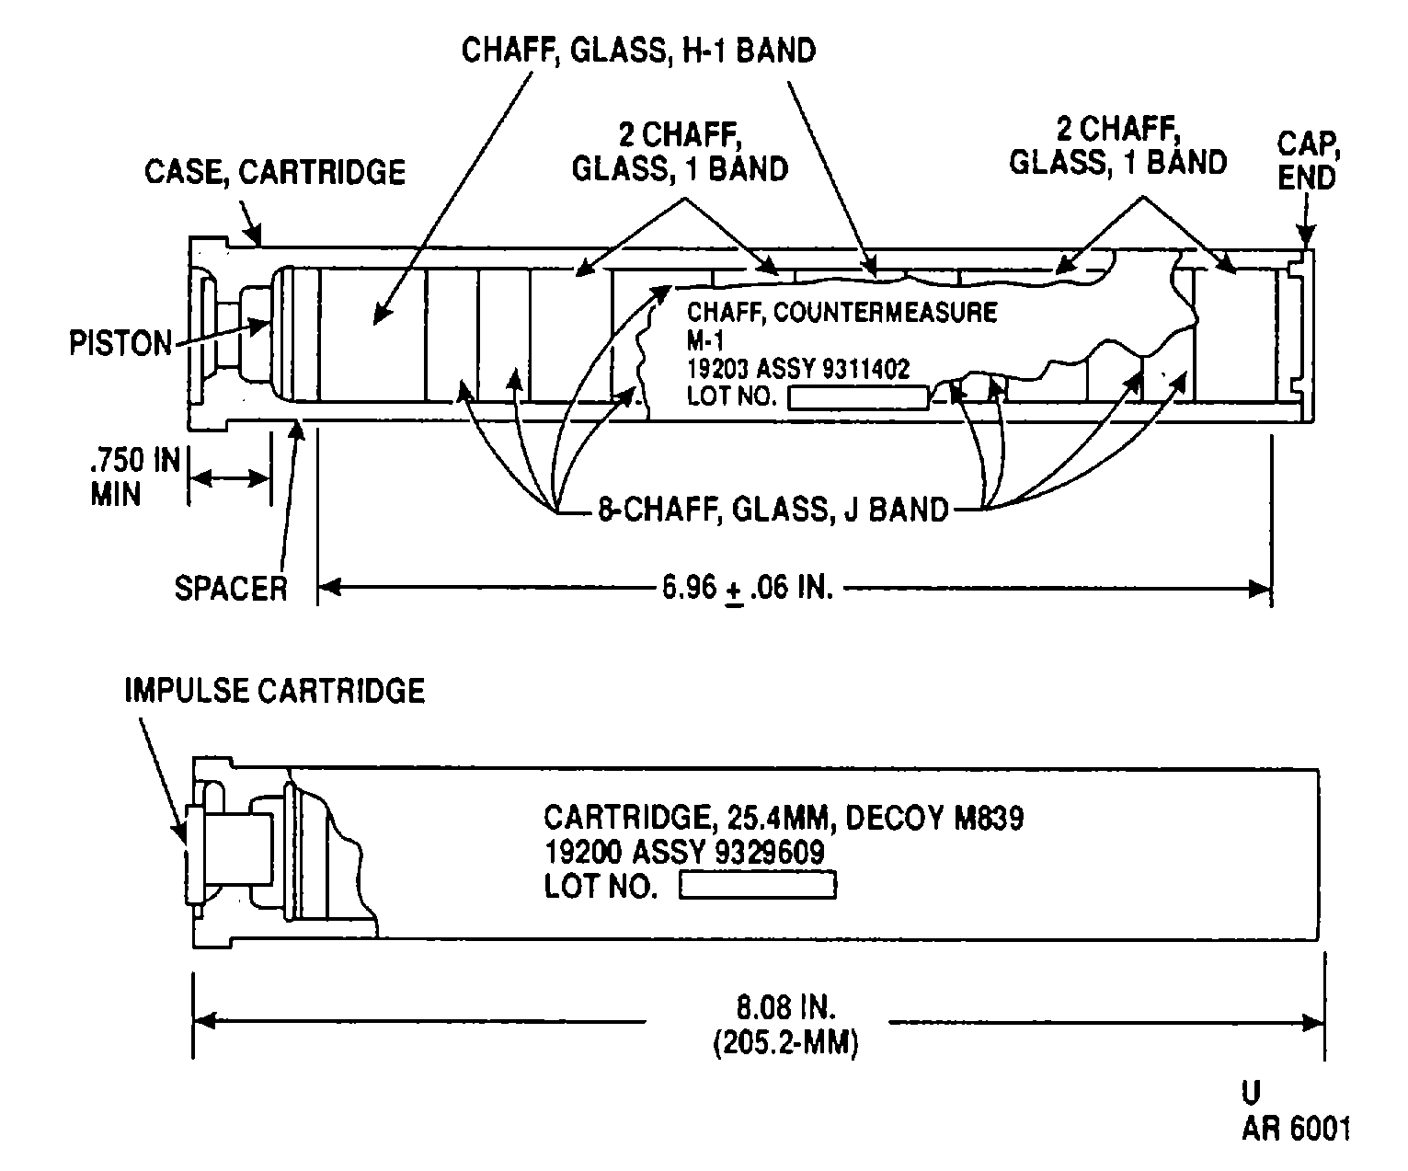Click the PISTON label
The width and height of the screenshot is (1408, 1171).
pyautogui.click(x=120, y=343)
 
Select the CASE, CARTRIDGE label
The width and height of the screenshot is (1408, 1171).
pyautogui.click(x=275, y=172)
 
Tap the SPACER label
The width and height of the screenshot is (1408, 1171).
pyautogui.click(x=231, y=588)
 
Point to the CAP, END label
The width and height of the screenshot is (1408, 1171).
pyautogui.click(x=1308, y=161)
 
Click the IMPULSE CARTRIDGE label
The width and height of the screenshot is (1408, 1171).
pyautogui.click(x=275, y=691)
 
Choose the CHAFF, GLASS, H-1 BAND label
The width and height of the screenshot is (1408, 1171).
pyautogui.click(x=638, y=51)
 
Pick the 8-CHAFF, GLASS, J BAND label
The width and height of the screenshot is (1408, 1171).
pyautogui.click(x=773, y=510)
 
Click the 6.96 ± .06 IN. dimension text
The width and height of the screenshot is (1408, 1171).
pyautogui.click(x=748, y=588)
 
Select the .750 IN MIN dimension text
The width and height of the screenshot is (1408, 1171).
pyautogui.click(x=135, y=476)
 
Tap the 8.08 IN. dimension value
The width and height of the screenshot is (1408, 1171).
pyautogui.click(x=786, y=1008)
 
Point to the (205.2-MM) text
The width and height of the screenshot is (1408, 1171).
pyautogui.click(x=786, y=1043)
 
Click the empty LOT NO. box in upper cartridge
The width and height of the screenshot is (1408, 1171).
pyautogui.click(x=858, y=398)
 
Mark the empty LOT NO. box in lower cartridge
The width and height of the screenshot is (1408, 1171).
pyautogui.click(x=758, y=885)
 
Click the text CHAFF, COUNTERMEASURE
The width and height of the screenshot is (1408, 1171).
pyautogui.click(x=842, y=313)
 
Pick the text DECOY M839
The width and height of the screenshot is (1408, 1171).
pyautogui.click(x=934, y=818)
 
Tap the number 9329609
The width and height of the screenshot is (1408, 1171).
pyautogui.click(x=770, y=853)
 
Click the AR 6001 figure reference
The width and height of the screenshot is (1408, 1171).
pyautogui.click(x=1296, y=1130)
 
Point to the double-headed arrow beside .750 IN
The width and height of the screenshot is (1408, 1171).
pyautogui.click(x=229, y=478)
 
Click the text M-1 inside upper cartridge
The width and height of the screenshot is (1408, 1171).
pyautogui.click(x=705, y=341)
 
